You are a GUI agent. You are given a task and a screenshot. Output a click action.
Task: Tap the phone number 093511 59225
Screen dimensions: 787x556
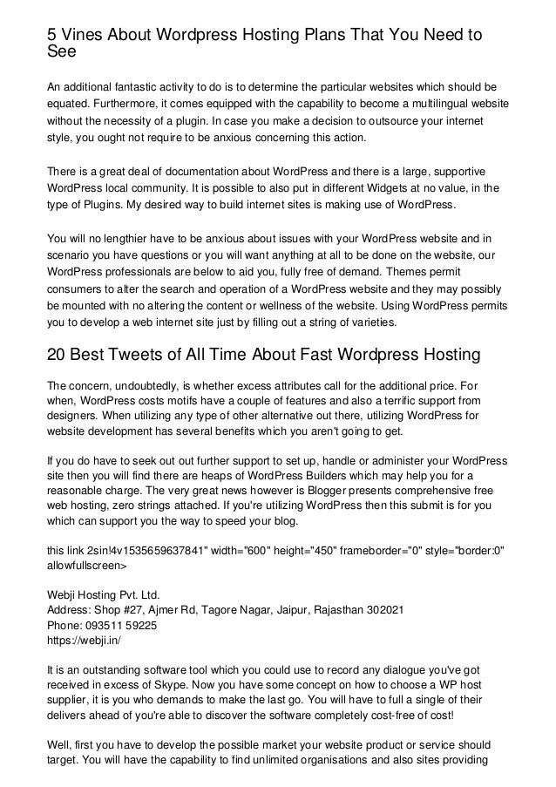click(x=124, y=627)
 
